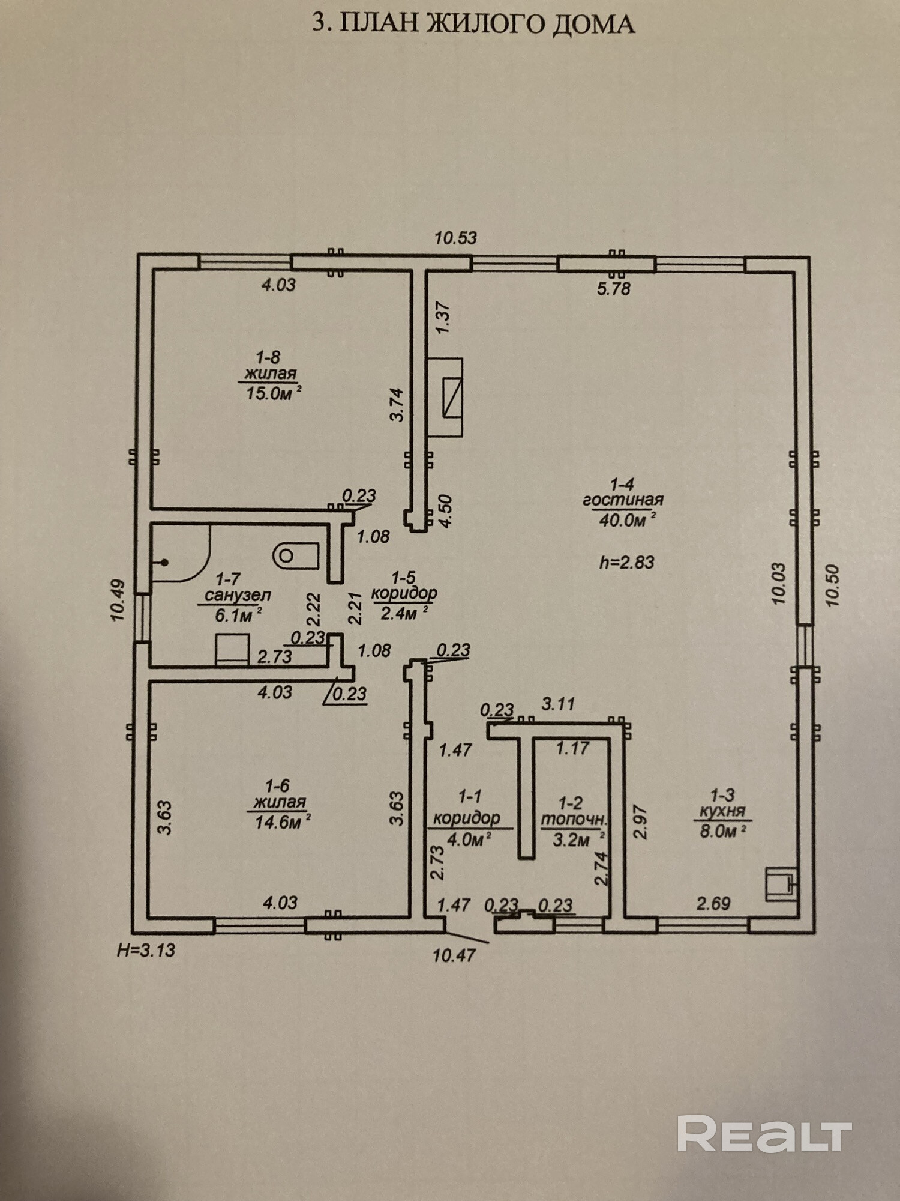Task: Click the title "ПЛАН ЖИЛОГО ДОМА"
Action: coord(487,24)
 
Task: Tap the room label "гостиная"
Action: coord(623,500)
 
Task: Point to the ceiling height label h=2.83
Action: coord(626,563)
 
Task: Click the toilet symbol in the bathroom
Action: coord(296,555)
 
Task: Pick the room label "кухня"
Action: coord(722,811)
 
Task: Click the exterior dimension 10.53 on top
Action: coord(455,238)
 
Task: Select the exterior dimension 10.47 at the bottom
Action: coord(454,955)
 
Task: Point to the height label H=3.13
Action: coord(146,950)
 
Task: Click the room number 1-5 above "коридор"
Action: coord(403,578)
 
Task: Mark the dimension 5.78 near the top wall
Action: coord(614,289)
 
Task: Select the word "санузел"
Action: coord(238,596)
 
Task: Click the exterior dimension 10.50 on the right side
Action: coord(832,585)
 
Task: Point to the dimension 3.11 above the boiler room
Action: coord(559,704)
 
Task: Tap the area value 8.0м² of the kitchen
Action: coord(723,832)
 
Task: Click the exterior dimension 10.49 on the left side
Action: coord(118,600)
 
